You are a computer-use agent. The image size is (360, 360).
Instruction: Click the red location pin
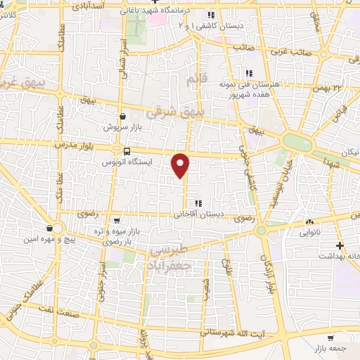(181, 165)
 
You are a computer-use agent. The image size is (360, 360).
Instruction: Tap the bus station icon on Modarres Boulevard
(127, 150)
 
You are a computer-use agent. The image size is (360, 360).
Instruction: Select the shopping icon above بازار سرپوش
(124, 117)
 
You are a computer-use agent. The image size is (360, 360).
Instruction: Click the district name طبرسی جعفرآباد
(175, 258)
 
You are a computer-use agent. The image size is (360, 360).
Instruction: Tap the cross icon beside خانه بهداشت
(340, 245)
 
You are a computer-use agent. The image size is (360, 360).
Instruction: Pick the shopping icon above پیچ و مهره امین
(48, 229)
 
